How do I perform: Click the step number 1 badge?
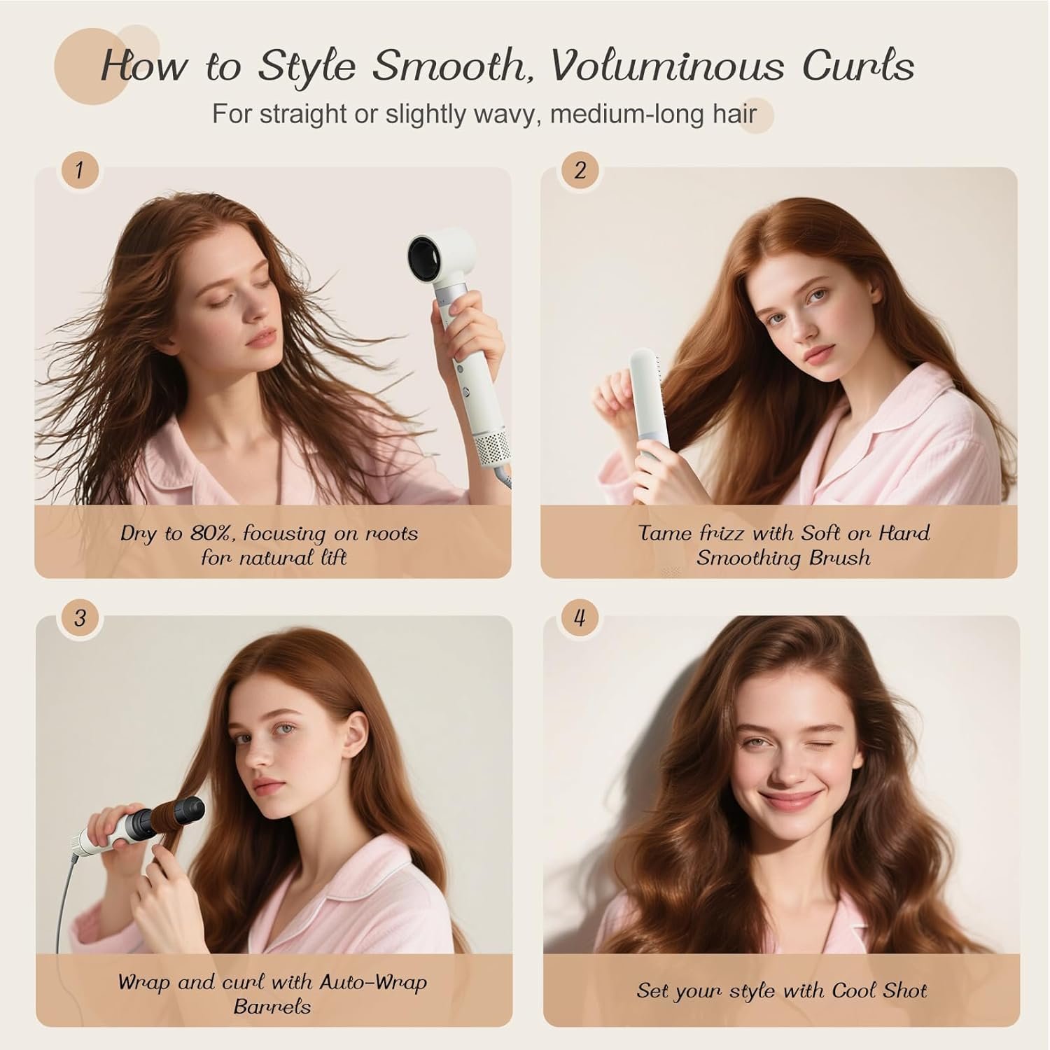click(x=79, y=169)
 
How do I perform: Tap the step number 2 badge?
click(x=580, y=169)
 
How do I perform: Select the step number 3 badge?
click(x=79, y=618)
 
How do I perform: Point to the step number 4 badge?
click(x=580, y=618)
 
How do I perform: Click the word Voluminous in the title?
click(x=669, y=66)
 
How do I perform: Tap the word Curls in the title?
click(x=858, y=66)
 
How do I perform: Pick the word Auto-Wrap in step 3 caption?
click(x=373, y=982)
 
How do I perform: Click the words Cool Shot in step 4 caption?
click(x=879, y=990)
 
